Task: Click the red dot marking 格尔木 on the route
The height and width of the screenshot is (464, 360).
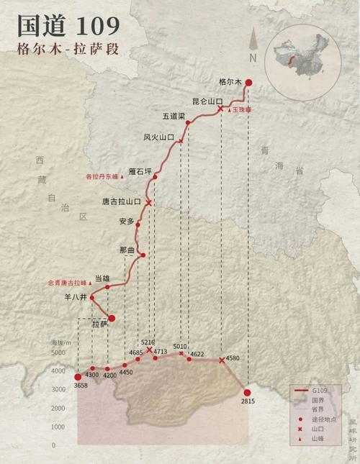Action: pos(248,82)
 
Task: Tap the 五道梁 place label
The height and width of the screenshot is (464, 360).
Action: pos(174,116)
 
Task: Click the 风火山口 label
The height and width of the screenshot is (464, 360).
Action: pos(158,137)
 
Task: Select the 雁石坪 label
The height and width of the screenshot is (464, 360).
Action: pos(141,170)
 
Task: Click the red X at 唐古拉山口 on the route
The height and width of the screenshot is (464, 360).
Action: pos(149,203)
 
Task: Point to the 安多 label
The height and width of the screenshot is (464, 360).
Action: pos(127,222)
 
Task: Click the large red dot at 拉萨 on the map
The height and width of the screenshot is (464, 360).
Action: pos(112,317)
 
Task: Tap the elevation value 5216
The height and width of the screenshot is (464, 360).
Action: pos(148,342)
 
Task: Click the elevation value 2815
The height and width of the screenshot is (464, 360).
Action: pos(248,401)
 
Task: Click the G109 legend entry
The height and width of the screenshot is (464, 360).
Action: pos(321,388)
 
